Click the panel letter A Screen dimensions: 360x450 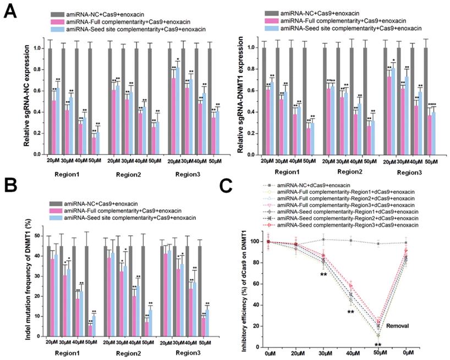click(x=10, y=10)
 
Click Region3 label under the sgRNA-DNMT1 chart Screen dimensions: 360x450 click(x=403, y=172)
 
